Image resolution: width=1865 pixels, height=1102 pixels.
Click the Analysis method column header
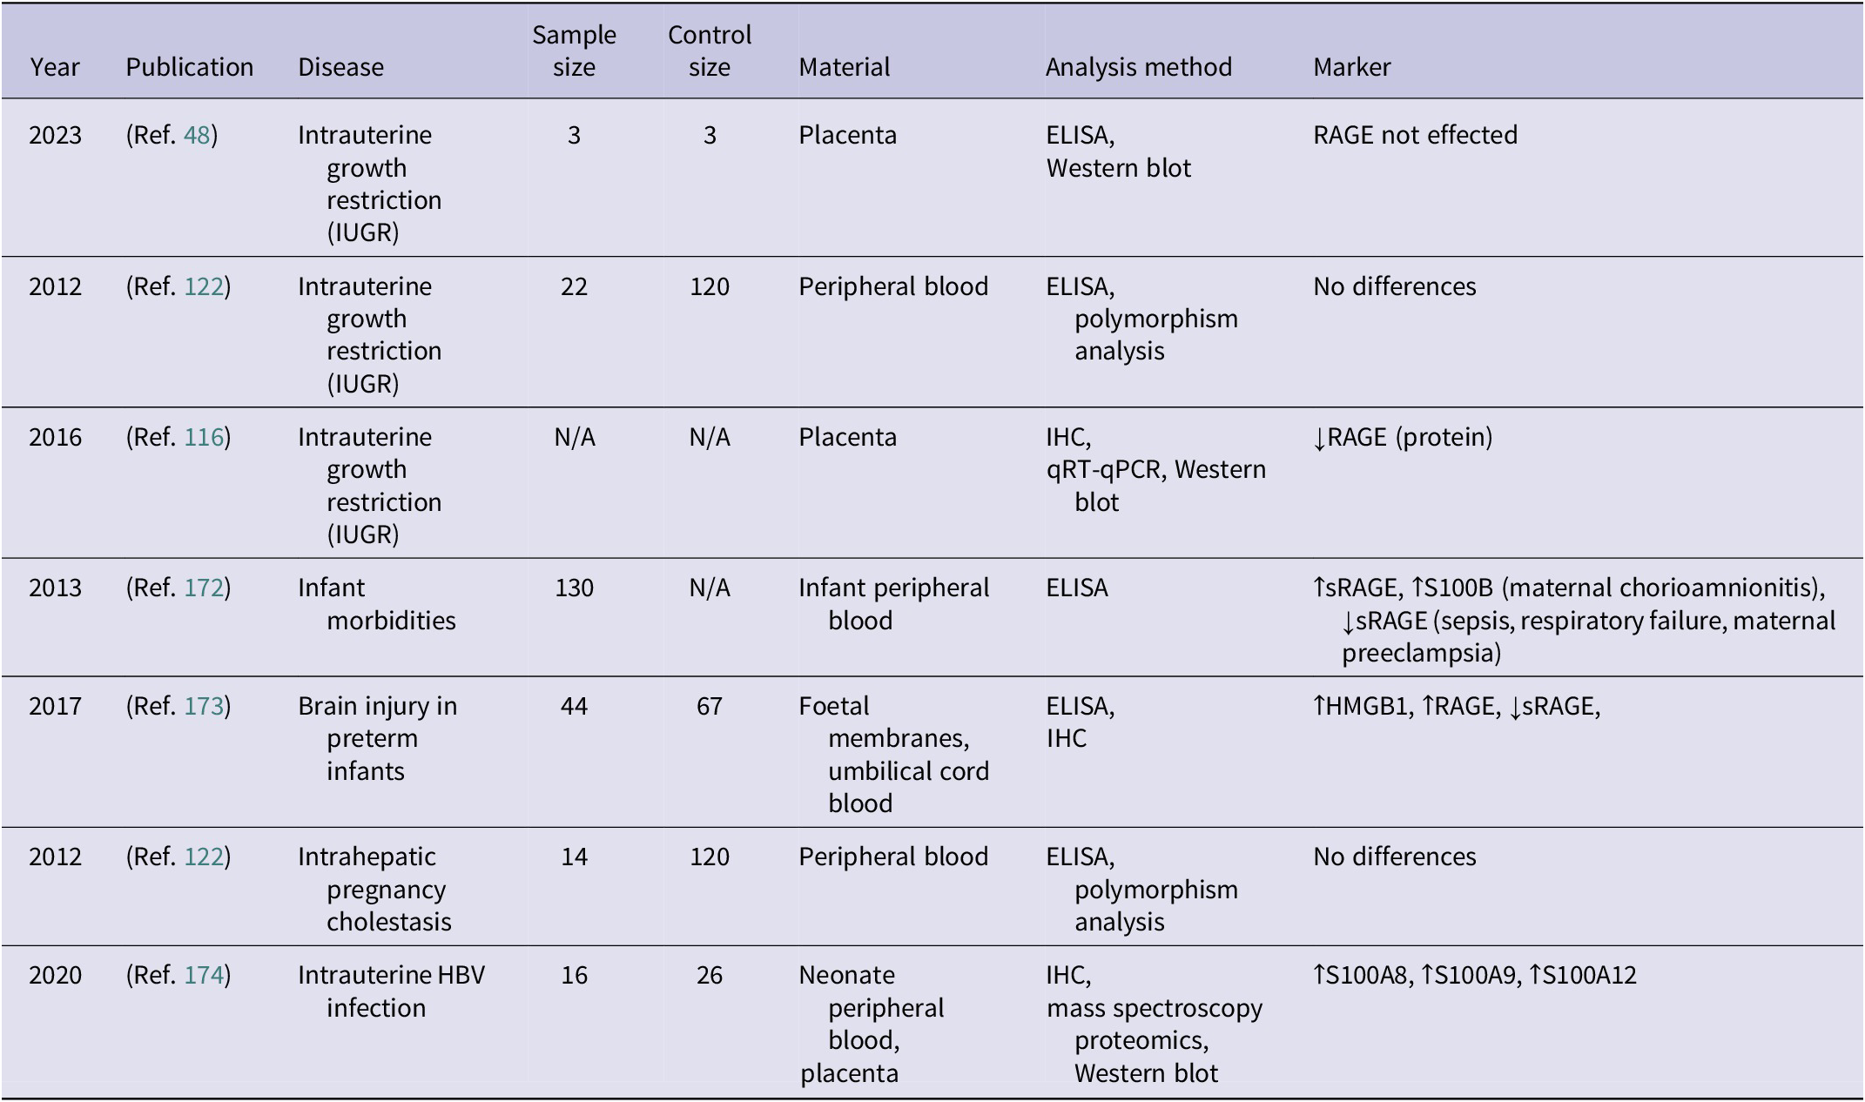pos(1138,67)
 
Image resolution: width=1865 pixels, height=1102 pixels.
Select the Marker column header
pos(1351,67)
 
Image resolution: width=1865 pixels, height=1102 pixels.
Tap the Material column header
pos(844,67)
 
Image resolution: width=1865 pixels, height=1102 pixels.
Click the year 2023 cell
pos(55,135)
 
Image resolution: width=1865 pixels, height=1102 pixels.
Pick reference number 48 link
pos(197,135)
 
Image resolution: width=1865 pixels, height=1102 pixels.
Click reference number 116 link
pos(204,437)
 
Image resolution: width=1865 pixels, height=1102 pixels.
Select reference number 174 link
pos(204,975)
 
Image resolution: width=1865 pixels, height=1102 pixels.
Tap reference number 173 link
pos(204,706)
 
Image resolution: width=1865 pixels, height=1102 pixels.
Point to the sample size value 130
pos(574,588)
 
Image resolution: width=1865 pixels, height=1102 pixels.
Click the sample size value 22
pos(574,286)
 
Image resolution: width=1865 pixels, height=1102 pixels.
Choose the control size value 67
pos(710,706)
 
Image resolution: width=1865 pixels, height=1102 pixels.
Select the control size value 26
pos(710,975)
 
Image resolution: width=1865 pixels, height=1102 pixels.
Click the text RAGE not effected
pos(1415,135)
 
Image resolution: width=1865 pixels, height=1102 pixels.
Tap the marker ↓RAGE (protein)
pos(1403,437)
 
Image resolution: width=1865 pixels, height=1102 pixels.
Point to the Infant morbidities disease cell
pos(377,604)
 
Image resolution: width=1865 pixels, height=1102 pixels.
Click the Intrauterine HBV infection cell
pos(391,991)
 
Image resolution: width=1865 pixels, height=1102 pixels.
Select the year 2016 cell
pos(55,437)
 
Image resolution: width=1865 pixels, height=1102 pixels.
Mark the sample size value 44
pos(574,706)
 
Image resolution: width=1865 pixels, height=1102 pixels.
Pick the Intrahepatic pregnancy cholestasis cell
pos(375,889)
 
